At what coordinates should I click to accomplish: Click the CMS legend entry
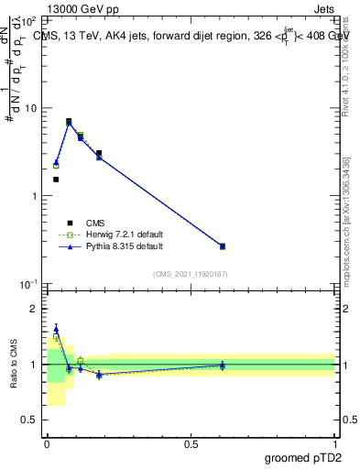[95, 223]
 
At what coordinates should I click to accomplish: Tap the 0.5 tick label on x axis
[190, 443]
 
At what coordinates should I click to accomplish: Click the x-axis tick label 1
[334, 443]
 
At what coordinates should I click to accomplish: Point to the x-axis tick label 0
[47, 443]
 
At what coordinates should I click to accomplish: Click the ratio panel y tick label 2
[34, 309]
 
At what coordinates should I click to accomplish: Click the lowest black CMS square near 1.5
[56, 180]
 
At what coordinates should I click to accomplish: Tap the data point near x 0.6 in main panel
[222, 246]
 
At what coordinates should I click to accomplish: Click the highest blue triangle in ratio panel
[56, 329]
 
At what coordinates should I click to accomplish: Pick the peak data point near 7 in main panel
[69, 121]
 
